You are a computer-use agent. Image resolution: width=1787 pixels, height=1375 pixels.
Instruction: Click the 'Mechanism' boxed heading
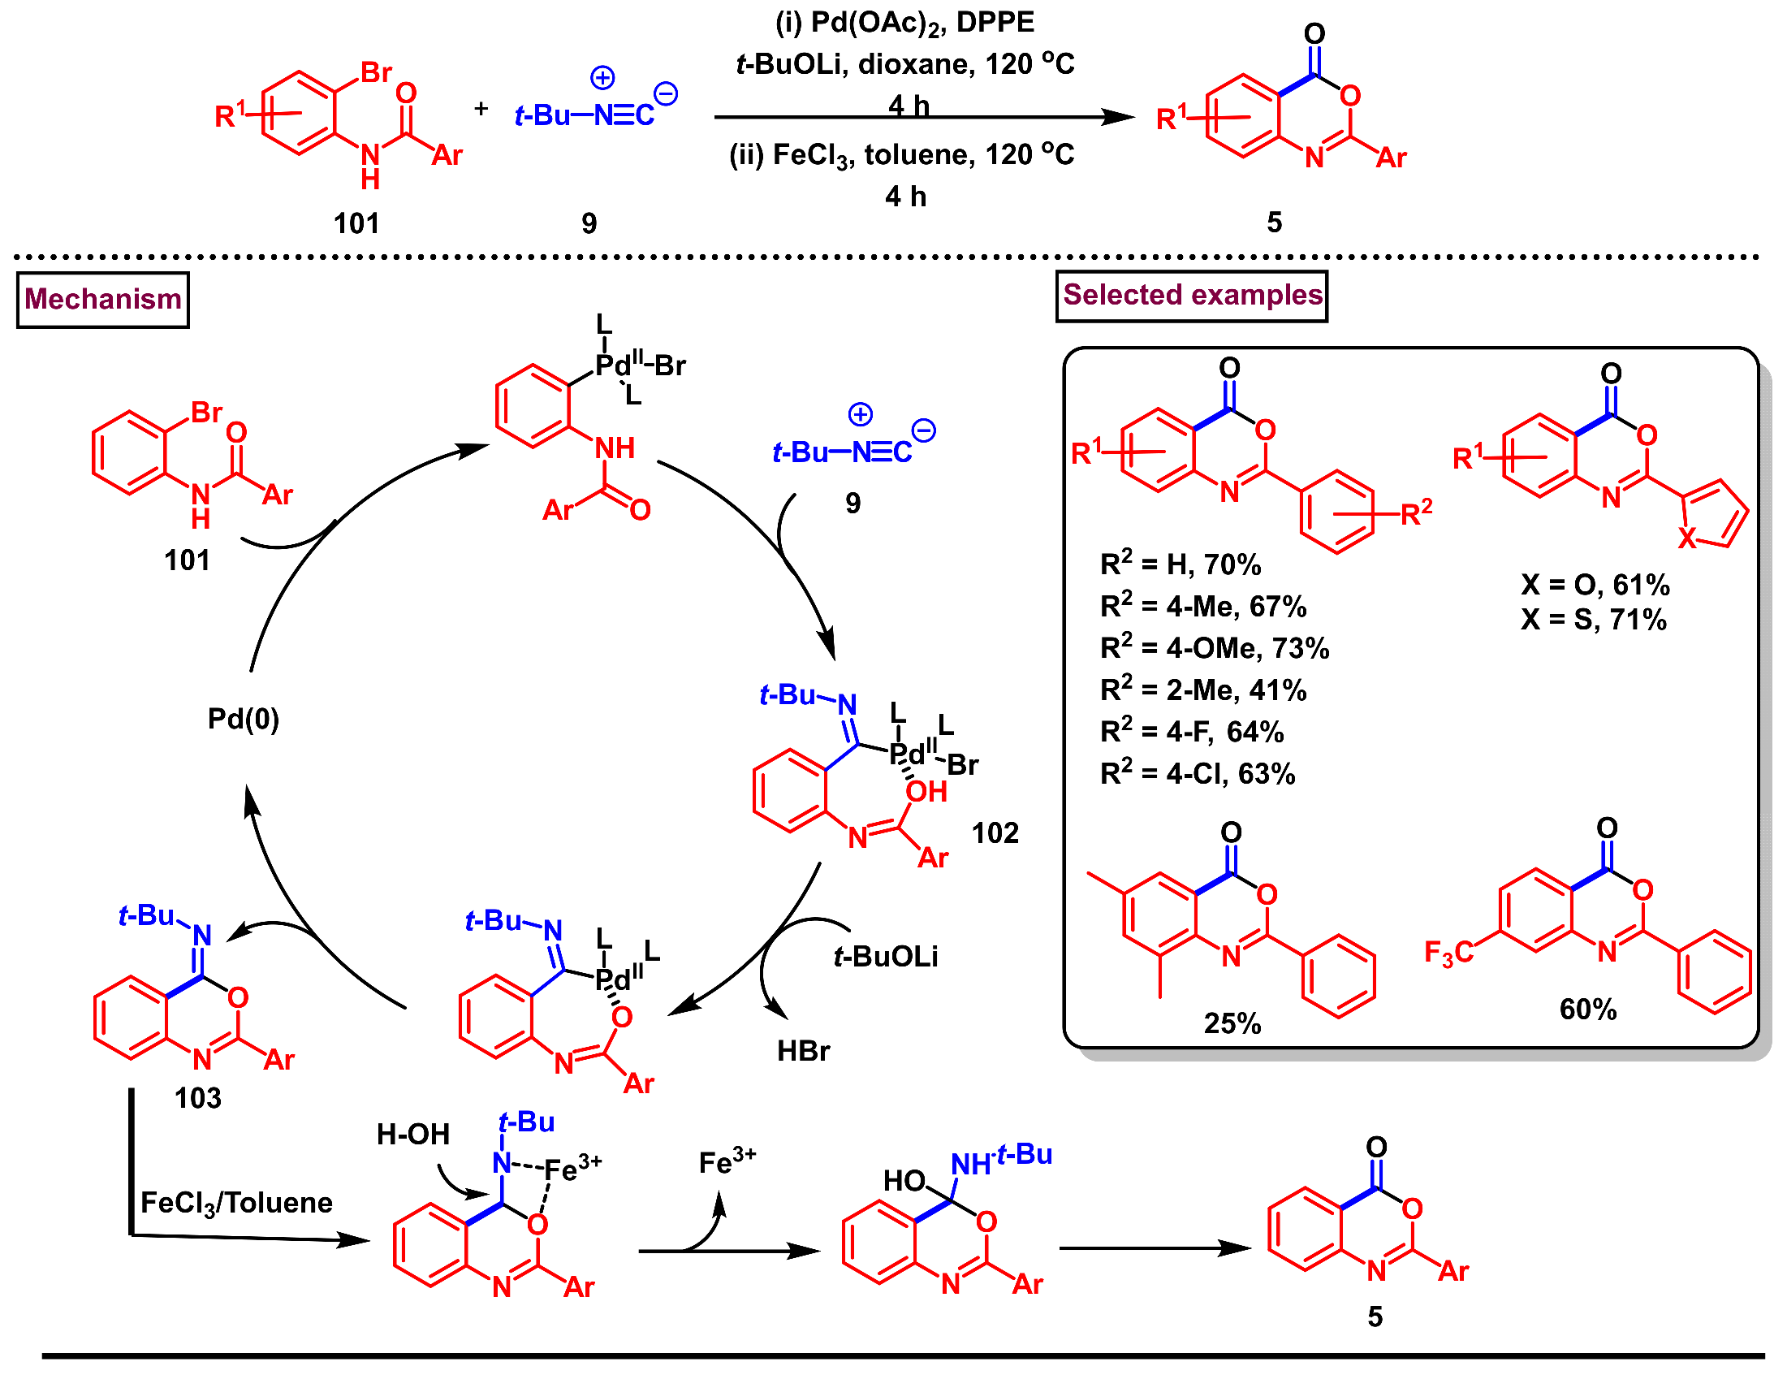click(x=103, y=300)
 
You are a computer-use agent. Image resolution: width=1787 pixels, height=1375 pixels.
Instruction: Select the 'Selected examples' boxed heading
click(x=1191, y=296)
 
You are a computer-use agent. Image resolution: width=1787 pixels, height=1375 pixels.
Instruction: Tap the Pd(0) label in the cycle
click(x=243, y=720)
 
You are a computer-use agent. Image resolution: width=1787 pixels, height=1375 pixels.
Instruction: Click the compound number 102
click(x=995, y=833)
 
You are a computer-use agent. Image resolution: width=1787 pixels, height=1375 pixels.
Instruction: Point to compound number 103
click(x=197, y=1098)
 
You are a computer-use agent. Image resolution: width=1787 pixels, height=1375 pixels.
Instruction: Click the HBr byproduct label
click(x=803, y=1051)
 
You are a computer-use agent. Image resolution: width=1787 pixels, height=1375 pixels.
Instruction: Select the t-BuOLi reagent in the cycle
click(x=885, y=957)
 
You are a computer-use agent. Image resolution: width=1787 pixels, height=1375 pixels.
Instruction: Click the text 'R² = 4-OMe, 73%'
click(x=1214, y=648)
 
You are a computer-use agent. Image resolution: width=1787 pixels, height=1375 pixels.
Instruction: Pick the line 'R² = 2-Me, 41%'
click(x=1202, y=690)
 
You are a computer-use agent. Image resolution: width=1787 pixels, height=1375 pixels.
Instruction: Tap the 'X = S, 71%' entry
click(x=1593, y=620)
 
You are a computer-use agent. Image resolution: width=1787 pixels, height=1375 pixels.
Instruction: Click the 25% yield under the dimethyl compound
click(x=1232, y=1024)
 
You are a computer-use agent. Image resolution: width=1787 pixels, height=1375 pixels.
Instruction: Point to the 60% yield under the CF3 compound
click(x=1587, y=1010)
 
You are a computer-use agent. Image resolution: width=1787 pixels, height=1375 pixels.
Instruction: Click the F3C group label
click(x=1448, y=953)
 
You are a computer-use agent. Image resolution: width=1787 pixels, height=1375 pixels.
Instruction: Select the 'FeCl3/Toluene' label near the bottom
click(x=236, y=1203)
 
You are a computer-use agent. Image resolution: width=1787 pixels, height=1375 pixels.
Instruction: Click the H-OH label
click(x=412, y=1135)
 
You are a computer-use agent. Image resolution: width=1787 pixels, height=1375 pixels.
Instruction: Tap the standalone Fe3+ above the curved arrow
click(x=727, y=1162)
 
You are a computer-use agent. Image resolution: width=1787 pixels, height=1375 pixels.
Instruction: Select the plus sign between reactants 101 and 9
click(x=481, y=108)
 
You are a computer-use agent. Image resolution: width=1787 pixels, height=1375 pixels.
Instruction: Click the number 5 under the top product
click(x=1274, y=223)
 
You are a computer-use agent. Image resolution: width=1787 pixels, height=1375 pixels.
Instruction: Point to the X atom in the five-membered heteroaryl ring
click(x=1686, y=538)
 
